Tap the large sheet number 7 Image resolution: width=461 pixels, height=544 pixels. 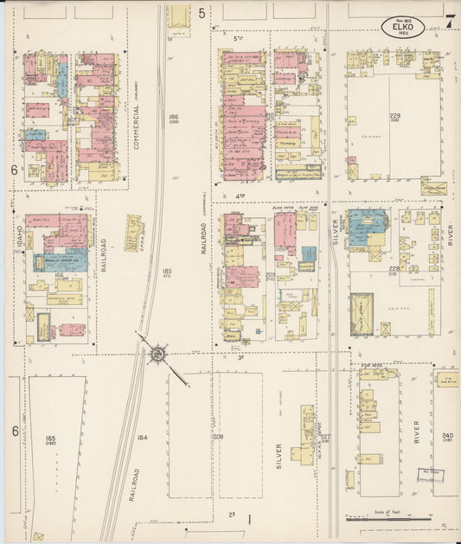point(450,22)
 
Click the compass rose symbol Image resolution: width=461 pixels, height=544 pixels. point(158,353)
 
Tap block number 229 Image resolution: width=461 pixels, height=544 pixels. point(394,116)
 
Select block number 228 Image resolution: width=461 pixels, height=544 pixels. point(394,269)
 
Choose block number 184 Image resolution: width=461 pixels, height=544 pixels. point(142,438)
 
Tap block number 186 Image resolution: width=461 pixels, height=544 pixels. point(173,117)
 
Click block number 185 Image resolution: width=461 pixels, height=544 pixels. point(166,272)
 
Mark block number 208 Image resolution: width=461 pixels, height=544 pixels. point(218,438)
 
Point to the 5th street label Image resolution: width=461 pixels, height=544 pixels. point(239,39)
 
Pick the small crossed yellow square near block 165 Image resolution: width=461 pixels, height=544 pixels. point(37,536)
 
